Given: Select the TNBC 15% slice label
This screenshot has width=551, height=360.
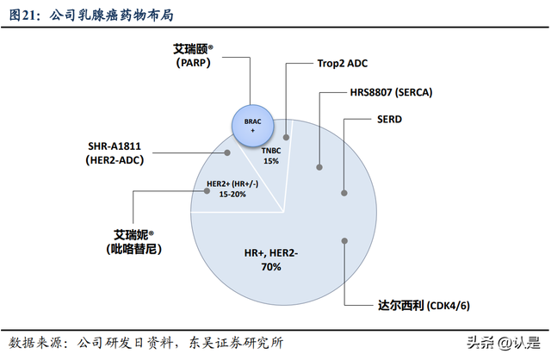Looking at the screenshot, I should click(272, 155).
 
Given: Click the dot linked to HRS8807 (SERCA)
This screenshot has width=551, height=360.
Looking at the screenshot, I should click(320, 166).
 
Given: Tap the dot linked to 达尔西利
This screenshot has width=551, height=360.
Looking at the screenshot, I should click(344, 242).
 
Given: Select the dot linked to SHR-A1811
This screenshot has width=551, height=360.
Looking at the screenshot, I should click(227, 153).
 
